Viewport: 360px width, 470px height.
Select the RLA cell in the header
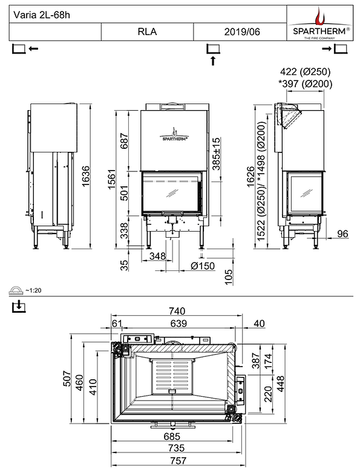[x=147, y=32]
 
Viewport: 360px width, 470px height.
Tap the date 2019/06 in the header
[x=241, y=32]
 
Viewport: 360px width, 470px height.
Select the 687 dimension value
[x=125, y=141]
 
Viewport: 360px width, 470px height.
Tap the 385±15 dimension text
[x=216, y=152]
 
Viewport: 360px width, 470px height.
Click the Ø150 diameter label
[x=203, y=266]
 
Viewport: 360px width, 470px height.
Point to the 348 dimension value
[x=157, y=256]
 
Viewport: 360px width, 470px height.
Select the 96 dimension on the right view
[x=342, y=233]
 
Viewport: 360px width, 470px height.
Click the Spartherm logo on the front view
[x=175, y=134]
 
